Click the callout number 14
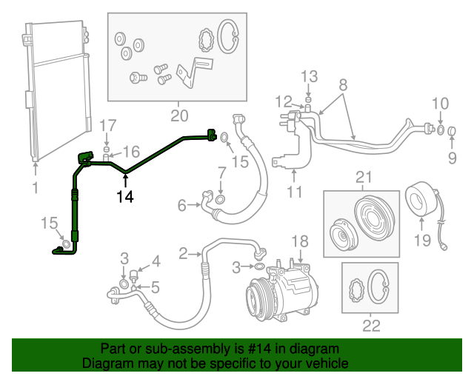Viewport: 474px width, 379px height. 124,196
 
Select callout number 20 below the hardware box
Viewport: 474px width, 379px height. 179,115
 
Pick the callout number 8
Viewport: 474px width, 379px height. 343,84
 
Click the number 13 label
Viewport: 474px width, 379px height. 309,76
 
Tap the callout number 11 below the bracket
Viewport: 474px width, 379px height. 294,194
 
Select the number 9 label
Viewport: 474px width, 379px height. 451,158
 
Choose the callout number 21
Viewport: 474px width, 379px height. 362,177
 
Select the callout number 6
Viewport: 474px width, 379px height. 182,206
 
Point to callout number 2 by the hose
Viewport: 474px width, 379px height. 183,254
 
